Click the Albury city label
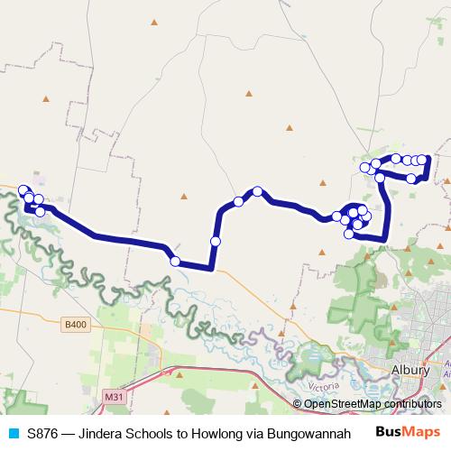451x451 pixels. (411, 370)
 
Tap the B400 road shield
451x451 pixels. (76, 324)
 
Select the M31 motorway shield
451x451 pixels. (114, 396)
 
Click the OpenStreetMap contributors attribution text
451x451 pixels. (373, 404)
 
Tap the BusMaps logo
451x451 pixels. (408, 433)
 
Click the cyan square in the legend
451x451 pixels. (13, 433)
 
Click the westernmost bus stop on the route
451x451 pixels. (23, 189)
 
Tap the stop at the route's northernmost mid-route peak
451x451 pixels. (258, 191)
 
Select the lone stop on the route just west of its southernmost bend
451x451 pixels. (175, 262)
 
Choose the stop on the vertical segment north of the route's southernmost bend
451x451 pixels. (216, 241)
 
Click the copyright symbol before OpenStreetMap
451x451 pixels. (297, 404)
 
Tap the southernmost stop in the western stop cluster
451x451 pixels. (40, 211)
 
